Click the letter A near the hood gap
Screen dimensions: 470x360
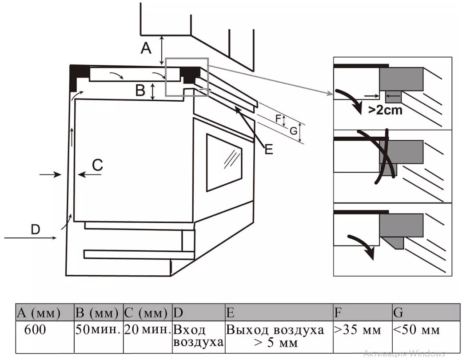146,48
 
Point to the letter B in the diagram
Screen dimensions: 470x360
140,90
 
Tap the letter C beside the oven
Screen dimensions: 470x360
97,165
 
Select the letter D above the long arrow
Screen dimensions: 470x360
36,229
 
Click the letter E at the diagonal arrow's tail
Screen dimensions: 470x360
269,149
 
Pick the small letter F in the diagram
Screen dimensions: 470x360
278,119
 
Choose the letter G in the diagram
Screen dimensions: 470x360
294,131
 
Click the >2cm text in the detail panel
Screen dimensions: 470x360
385,110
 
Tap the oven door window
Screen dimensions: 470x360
224,162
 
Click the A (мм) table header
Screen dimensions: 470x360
45,313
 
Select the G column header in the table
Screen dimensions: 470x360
426,313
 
